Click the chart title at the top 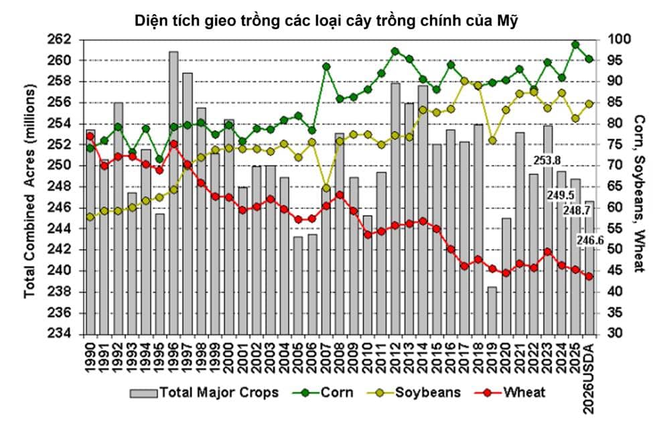click(x=326, y=19)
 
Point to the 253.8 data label click(x=547, y=160)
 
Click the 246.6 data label click(x=591, y=240)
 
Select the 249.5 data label click(x=561, y=195)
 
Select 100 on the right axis click(x=614, y=40)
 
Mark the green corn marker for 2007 click(x=326, y=66)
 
